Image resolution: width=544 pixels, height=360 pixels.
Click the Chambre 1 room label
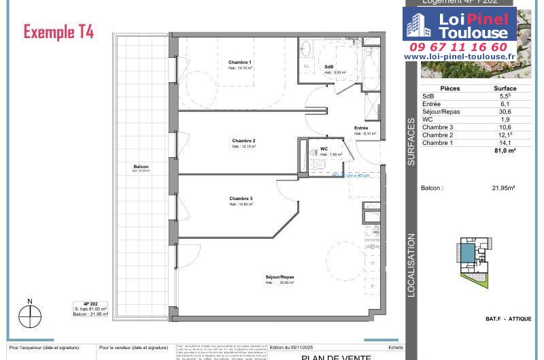click(x=240, y=63)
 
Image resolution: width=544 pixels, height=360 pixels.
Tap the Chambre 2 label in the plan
click(x=243, y=141)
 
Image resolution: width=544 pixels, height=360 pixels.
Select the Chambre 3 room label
click(x=241, y=199)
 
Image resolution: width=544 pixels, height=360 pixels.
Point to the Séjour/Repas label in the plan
click(x=279, y=276)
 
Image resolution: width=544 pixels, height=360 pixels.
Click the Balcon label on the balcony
click(x=141, y=167)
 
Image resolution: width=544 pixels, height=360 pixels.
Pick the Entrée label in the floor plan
click(x=361, y=128)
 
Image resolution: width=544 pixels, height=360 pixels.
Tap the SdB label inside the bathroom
click(x=328, y=66)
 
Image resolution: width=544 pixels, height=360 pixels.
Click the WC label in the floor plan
click(x=324, y=148)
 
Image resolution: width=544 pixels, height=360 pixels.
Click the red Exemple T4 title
click(x=59, y=31)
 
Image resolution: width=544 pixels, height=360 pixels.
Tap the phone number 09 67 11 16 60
click(x=458, y=47)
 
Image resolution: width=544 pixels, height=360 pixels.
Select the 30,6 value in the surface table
click(x=505, y=112)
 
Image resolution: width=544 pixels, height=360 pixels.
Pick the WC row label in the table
click(x=427, y=119)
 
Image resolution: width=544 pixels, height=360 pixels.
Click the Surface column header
click(x=505, y=88)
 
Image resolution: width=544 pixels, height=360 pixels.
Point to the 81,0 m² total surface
click(x=504, y=150)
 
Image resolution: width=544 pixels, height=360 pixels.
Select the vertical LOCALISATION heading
click(x=411, y=265)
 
